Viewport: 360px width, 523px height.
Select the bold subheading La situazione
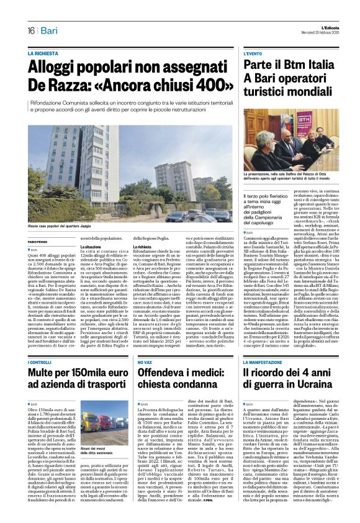tap(92, 247)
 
